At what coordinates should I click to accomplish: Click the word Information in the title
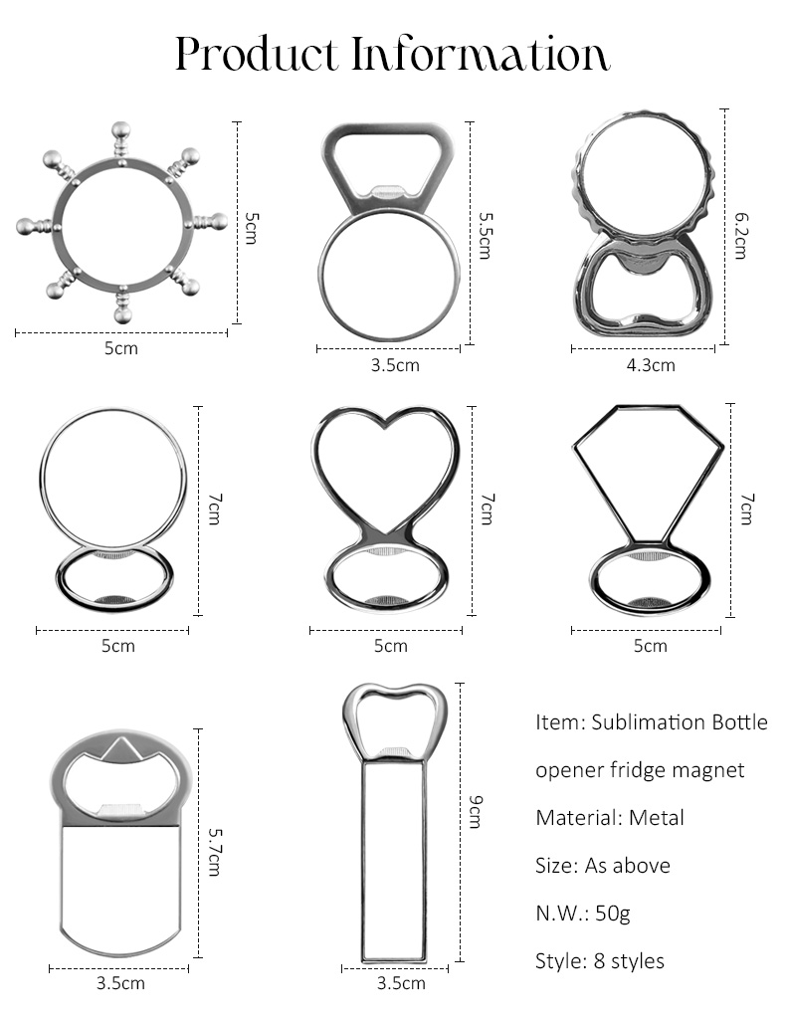[481, 53]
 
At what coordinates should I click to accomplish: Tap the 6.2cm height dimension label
[740, 235]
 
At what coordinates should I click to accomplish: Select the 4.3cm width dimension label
[651, 365]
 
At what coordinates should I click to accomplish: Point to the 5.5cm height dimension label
[485, 235]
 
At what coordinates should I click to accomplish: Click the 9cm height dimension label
[476, 811]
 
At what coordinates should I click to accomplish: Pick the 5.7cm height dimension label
[215, 851]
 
